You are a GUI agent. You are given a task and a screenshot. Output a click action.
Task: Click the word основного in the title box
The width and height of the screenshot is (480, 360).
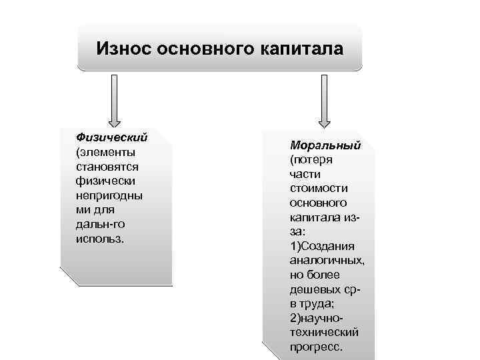point(202,49)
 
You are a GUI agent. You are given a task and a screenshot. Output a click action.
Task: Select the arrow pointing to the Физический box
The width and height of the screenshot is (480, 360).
point(114,100)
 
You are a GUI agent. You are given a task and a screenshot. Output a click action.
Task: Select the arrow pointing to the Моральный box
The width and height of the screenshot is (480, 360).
point(325,100)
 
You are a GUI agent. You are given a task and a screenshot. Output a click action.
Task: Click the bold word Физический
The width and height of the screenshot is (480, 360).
point(111,137)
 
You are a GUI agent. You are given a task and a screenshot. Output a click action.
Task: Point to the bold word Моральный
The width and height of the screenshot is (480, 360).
point(325,145)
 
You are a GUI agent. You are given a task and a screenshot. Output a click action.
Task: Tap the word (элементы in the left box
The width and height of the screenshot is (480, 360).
point(106,152)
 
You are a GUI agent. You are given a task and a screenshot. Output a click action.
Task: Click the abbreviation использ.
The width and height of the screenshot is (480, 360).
point(101,239)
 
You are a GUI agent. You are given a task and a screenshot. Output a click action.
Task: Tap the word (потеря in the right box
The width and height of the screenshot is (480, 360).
point(311,159)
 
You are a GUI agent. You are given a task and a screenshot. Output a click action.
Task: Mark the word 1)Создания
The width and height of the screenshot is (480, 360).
point(322,246)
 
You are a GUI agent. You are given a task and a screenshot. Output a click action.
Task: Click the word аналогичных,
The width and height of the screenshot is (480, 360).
point(327,261)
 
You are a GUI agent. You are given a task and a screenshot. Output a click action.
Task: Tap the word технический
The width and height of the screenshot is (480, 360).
point(324,333)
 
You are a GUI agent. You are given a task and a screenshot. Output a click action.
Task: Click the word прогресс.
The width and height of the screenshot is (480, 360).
point(316,347)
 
